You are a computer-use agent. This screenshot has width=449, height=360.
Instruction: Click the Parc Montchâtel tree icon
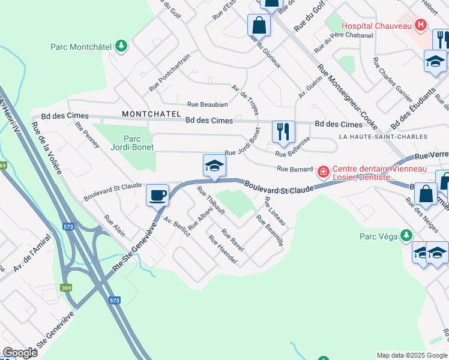[121, 46]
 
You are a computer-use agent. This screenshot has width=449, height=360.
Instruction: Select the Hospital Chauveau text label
[376, 26]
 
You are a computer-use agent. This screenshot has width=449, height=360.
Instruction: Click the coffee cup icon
[158, 194]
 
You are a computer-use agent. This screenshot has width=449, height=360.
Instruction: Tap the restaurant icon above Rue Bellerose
[283, 131]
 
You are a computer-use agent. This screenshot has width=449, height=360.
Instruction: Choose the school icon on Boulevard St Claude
[214, 166]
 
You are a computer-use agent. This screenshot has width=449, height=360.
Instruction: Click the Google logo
[20, 352]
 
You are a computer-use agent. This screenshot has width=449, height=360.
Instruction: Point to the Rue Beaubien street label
[208, 104]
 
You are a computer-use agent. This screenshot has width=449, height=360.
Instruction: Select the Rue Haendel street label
[223, 250]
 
